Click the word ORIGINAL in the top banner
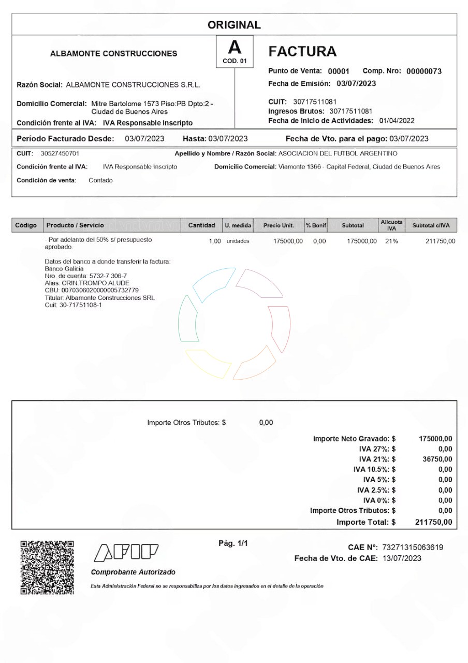point(234,25)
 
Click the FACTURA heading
point(303,51)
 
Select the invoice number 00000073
point(423,71)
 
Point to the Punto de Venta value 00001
point(339,71)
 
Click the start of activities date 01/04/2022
point(397,121)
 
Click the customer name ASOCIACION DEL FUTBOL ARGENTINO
point(338,154)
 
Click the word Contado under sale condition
point(100,180)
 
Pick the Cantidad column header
point(201,225)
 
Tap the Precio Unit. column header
point(279,225)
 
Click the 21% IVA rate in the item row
point(391,241)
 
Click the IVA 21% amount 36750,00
point(437,459)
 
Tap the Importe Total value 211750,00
point(434,522)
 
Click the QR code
point(47,567)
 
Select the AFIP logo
point(126,553)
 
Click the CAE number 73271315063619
point(412,547)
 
